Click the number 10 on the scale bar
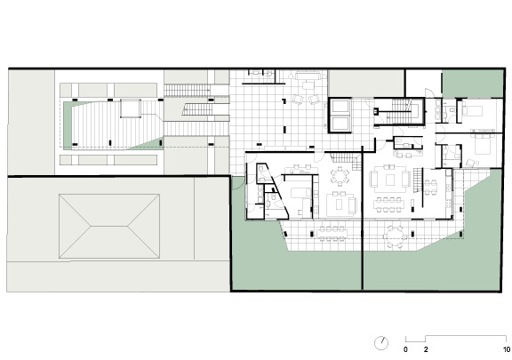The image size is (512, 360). pos(507,349)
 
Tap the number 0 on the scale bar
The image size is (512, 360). pos(405,349)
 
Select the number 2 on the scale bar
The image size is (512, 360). pos(426,349)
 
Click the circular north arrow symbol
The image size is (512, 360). pos(381,343)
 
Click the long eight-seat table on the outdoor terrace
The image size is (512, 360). pos(332,234)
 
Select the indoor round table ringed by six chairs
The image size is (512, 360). pos(340,176)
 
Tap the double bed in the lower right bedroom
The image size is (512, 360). pos(482,146)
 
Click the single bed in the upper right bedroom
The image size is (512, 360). pos(472,110)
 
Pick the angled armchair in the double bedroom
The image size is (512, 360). pos(469,163)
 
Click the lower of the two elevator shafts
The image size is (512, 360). pos(340,124)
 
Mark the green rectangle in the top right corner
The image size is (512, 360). pos(473,84)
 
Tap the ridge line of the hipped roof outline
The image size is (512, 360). pos(109,226)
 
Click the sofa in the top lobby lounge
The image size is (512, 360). pos(308,76)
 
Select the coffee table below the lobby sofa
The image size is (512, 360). pos(308,86)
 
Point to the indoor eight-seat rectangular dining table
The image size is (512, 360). pos(389,204)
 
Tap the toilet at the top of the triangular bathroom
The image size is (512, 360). pos(261,169)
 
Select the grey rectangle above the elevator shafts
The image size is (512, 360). pos(366,84)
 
